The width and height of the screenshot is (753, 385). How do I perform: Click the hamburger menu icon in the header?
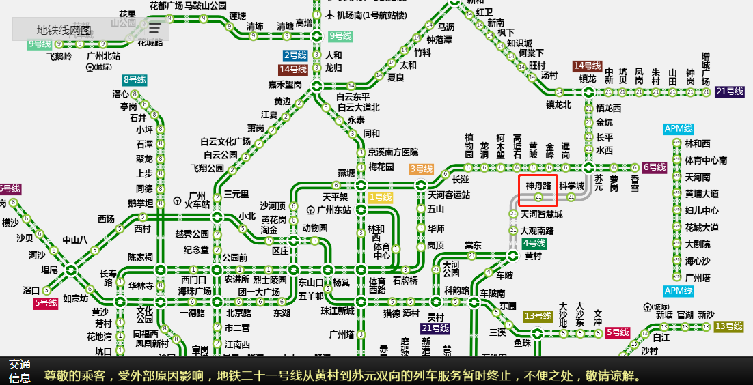[x=155, y=29]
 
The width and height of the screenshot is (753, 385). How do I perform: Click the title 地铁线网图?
[x=64, y=30]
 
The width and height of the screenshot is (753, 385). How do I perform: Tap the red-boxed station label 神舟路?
[x=538, y=185]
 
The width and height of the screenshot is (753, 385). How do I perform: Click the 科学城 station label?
[x=571, y=186]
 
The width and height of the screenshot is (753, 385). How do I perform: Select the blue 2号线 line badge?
[x=295, y=55]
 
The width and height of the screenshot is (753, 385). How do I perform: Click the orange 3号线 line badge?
[x=422, y=169]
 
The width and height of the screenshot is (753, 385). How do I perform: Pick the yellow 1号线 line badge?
[x=381, y=197]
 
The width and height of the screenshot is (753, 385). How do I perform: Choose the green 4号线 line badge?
[x=534, y=243]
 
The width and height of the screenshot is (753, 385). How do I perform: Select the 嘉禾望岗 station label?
[x=285, y=85]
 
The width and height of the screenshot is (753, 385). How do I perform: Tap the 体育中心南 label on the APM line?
[x=706, y=160]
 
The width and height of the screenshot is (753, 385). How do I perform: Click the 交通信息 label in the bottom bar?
[x=20, y=371]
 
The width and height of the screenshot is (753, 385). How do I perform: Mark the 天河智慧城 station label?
[x=542, y=214]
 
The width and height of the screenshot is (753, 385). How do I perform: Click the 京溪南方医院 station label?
[x=393, y=152]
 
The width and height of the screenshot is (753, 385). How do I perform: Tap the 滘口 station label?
[x=31, y=290]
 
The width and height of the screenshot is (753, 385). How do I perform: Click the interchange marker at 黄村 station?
[x=513, y=256]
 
